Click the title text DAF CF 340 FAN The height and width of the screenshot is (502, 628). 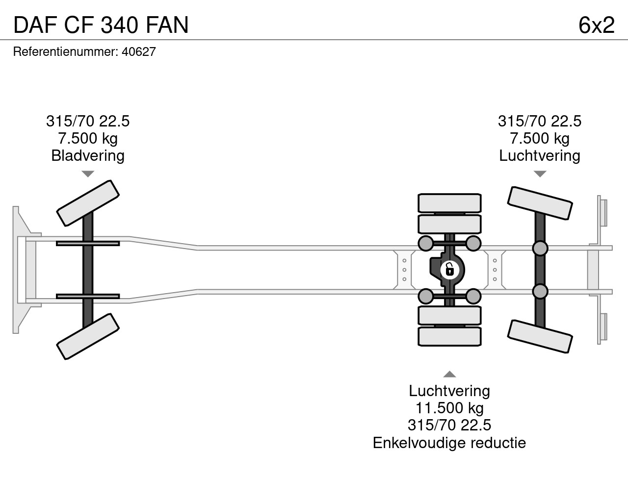[x=101, y=25]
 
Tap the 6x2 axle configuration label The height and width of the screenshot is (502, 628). [x=596, y=25]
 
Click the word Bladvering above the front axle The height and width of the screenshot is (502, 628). [x=88, y=156]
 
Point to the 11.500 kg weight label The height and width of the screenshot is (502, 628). [x=449, y=408]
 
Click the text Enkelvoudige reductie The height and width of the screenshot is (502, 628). [x=449, y=443]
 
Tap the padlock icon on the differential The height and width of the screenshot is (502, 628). [x=449, y=270]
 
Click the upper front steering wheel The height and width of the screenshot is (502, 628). [x=88, y=203]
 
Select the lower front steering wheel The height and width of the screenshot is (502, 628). [x=88, y=336]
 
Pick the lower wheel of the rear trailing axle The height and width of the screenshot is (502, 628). [x=540, y=336]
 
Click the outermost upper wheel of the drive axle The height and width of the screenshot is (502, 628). [x=449, y=202]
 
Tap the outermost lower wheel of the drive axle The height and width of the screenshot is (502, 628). [x=449, y=337]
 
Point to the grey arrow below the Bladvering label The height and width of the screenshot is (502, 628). [x=88, y=174]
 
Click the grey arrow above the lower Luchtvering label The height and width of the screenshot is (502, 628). [x=449, y=375]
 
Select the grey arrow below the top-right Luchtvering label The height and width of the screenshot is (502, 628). [x=540, y=174]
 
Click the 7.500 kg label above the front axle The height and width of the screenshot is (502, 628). [x=88, y=138]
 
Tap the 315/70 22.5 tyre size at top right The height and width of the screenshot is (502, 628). [x=540, y=121]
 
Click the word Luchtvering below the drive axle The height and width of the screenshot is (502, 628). [x=449, y=391]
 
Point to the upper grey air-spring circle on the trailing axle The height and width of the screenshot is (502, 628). [x=540, y=249]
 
